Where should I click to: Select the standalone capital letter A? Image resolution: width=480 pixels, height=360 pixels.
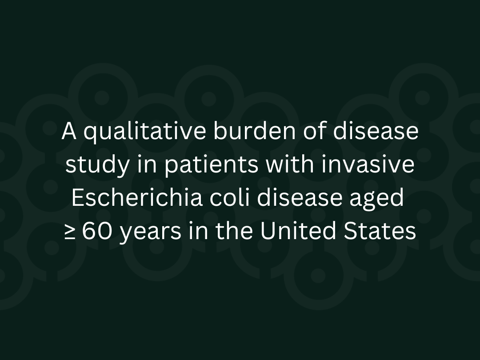coord(69,132)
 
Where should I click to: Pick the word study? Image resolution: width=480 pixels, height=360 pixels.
coord(92,165)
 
